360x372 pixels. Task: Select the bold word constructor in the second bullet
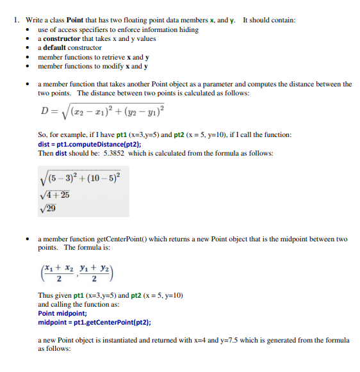(62, 38)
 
